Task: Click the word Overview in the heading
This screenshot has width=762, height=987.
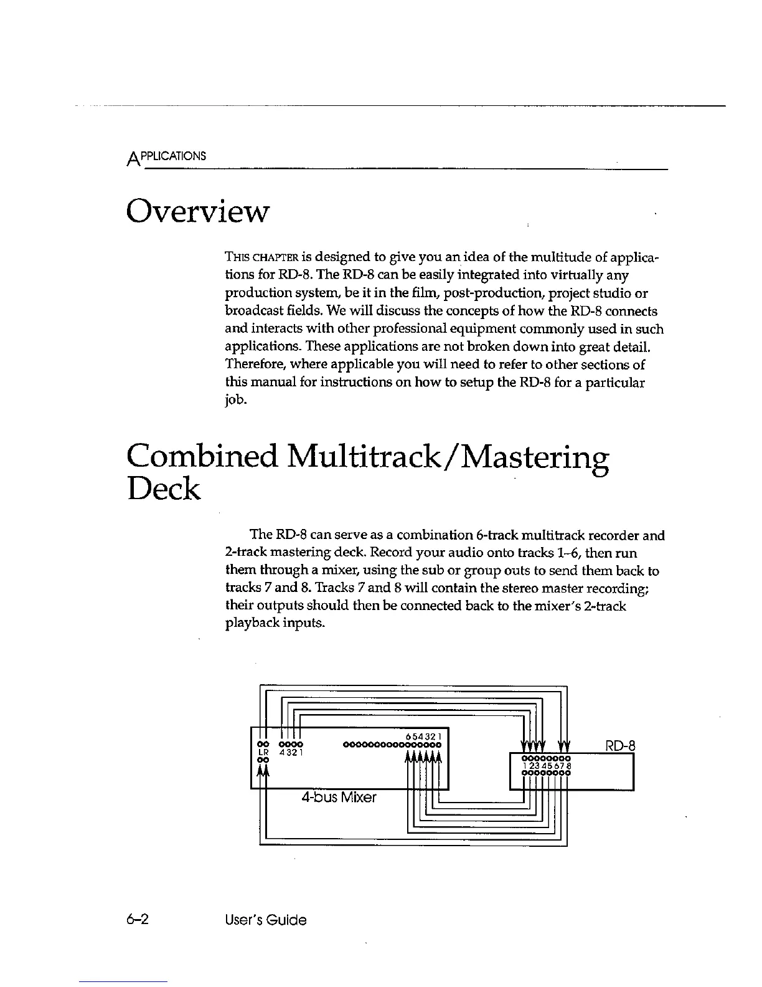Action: pyautogui.click(x=198, y=211)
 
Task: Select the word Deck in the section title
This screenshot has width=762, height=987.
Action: pyautogui.click(x=163, y=490)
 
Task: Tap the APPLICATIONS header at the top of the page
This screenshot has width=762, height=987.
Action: pyautogui.click(x=167, y=156)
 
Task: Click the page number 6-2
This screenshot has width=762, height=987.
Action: pyautogui.click(x=139, y=920)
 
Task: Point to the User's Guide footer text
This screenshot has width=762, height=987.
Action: pyautogui.click(x=266, y=920)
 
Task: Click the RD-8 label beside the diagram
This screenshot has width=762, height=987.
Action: pyautogui.click(x=620, y=745)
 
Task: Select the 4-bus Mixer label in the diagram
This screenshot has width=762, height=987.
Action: pyautogui.click(x=339, y=798)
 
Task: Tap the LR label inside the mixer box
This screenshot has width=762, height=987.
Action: pyautogui.click(x=262, y=751)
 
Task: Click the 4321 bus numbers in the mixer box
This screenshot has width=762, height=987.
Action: pyautogui.click(x=291, y=752)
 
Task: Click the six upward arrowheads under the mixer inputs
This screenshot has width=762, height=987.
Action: pyautogui.click(x=423, y=756)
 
